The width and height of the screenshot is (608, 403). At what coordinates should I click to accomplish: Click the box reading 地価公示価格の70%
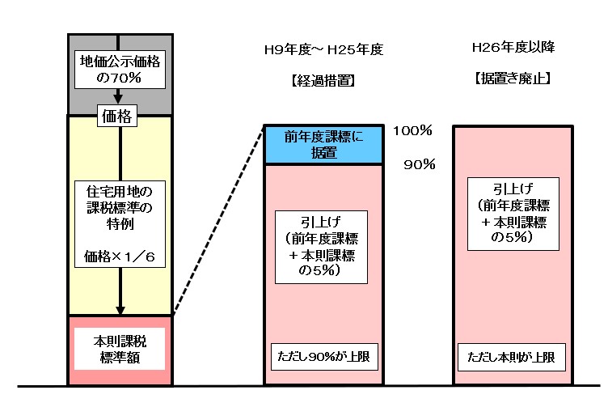point(119,70)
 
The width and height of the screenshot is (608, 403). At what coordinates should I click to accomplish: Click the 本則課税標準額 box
point(119,349)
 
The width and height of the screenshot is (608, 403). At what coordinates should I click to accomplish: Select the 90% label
point(420,165)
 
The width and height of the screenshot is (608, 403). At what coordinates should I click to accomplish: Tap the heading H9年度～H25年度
point(323,50)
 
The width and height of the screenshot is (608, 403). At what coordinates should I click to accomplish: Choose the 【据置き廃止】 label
point(513,80)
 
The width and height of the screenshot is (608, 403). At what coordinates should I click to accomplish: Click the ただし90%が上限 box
point(323,356)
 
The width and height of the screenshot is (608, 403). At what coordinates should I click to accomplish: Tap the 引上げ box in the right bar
point(512,212)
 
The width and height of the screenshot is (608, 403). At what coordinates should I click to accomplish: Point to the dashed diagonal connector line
point(218,220)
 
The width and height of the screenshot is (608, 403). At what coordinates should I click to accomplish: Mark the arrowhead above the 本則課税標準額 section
point(120,309)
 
